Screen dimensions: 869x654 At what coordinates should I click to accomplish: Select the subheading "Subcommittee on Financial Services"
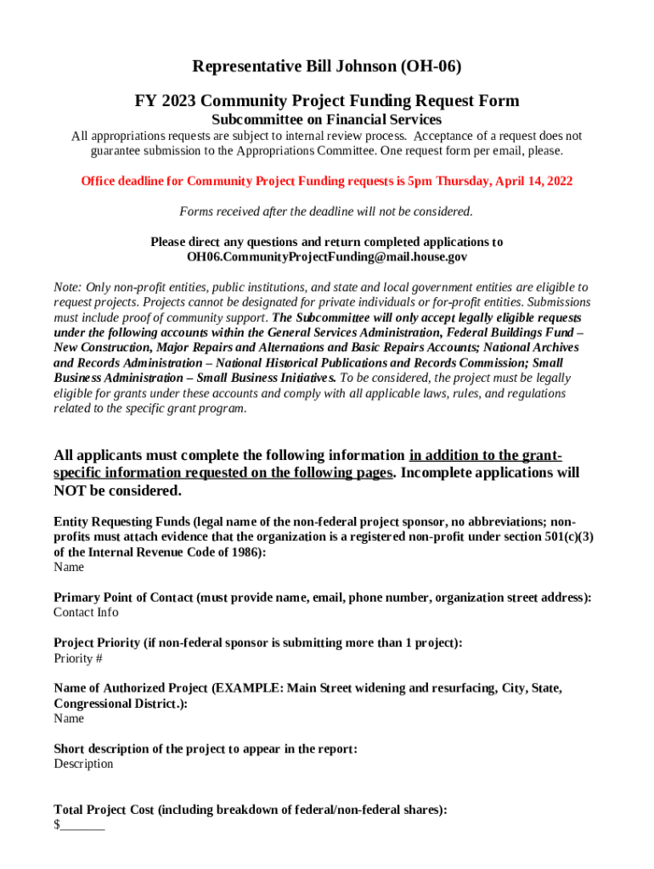326,120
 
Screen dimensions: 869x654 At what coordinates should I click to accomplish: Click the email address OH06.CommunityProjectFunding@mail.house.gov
326,256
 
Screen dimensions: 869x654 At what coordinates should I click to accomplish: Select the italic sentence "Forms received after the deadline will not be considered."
326,211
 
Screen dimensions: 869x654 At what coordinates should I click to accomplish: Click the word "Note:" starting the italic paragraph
70,288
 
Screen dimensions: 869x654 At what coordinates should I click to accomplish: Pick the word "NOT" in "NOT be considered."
73,491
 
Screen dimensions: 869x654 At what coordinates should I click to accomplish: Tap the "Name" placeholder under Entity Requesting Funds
69,567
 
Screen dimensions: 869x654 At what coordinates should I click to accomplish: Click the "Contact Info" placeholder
86,613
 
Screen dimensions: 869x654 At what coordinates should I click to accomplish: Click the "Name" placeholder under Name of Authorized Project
69,719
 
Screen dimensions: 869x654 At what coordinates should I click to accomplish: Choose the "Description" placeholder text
83,764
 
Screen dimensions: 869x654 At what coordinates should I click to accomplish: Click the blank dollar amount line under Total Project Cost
82,826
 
